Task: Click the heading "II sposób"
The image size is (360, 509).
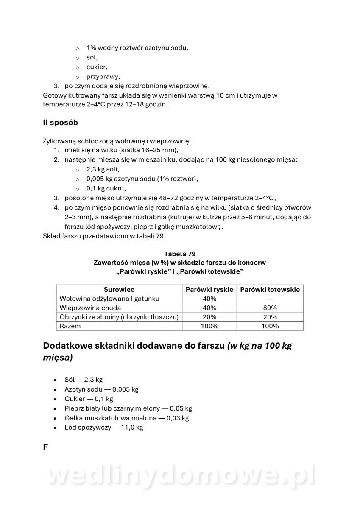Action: pos(60,123)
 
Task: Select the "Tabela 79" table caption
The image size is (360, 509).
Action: pos(180,254)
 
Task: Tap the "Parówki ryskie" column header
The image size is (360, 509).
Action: pos(209,290)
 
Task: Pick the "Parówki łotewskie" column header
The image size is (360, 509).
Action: pos(270,290)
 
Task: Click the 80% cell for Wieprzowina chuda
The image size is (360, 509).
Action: pos(270,308)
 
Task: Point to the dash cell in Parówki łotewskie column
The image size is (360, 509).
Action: pos(270,299)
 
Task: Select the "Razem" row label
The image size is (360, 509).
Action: pos(70,326)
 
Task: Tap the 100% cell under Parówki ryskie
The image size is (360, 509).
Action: pos(209,326)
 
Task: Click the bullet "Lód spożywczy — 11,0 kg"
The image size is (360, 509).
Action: pos(103,428)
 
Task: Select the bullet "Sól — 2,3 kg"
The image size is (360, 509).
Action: pos(84,380)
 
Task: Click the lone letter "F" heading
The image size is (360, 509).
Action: pos(45,447)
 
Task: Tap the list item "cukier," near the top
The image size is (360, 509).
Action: pos(97,67)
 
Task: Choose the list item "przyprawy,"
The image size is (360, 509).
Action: pos(103,77)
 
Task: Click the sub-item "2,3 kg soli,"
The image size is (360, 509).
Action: pos(103,169)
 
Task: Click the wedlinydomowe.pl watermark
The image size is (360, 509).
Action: pos(180,476)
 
